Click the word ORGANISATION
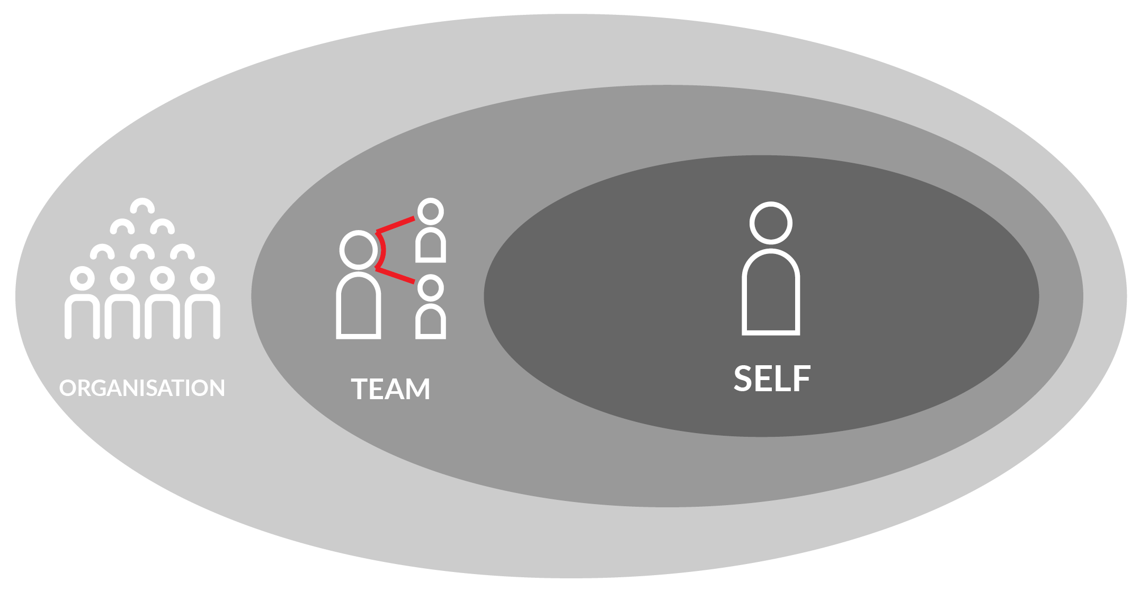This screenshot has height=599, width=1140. tap(142, 388)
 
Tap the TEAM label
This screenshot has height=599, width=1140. tap(390, 389)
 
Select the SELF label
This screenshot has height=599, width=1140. tap(772, 378)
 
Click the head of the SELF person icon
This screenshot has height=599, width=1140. tap(771, 223)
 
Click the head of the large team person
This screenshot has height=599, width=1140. tap(359, 250)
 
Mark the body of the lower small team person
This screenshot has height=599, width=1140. tap(430, 322)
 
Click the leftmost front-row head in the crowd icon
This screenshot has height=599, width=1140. tap(82, 278)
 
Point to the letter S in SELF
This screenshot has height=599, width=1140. tap(744, 378)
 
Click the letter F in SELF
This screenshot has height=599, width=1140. tap(803, 378)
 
